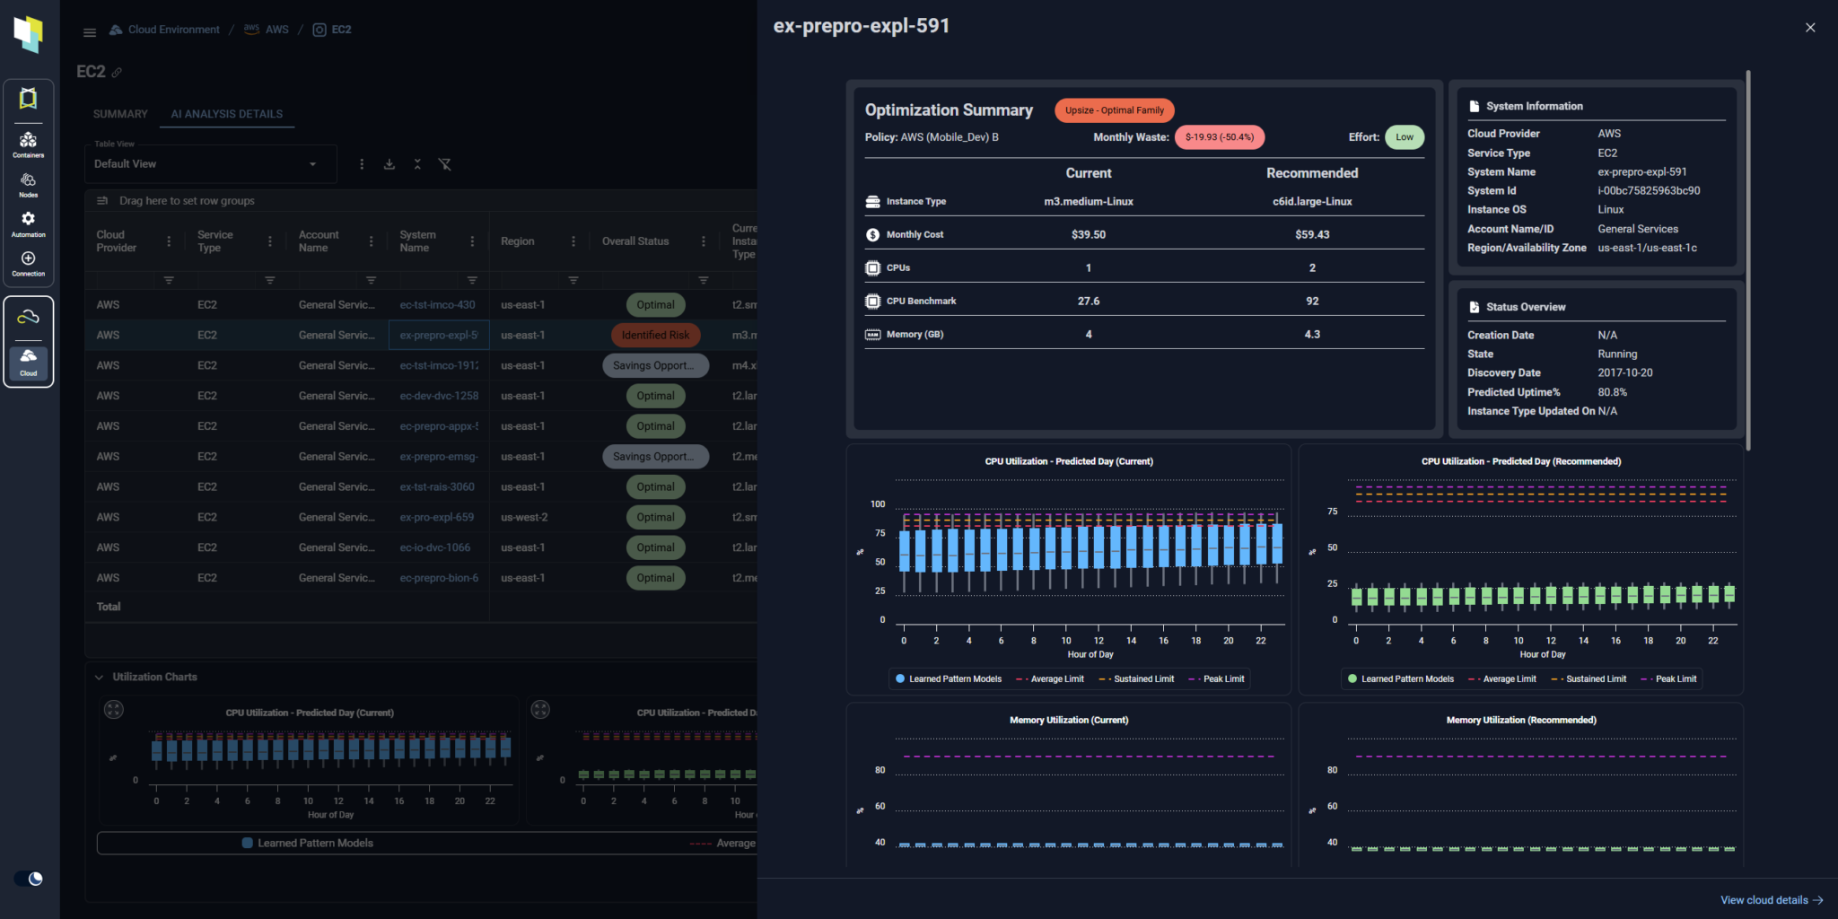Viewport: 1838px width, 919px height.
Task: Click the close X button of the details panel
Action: (1809, 28)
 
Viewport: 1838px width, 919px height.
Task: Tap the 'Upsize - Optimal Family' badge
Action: (1114, 110)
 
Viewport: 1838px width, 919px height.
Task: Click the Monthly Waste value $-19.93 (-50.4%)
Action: (1219, 137)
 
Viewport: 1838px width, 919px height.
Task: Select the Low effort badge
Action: (1404, 137)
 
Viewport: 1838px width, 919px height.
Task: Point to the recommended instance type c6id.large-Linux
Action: (1311, 202)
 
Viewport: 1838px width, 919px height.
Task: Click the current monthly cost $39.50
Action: (1088, 235)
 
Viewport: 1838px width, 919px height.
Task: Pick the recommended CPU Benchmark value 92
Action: (1311, 302)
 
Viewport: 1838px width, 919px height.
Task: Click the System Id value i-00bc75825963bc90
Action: (1648, 191)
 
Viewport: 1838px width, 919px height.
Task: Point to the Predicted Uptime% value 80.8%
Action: (1612, 392)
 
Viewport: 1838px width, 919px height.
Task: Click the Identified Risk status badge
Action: (655, 336)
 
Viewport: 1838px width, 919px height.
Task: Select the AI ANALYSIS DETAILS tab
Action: (227, 114)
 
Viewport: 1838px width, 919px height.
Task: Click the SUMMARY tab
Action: (120, 114)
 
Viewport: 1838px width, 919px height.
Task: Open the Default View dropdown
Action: (206, 164)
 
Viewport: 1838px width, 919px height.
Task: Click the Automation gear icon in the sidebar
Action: (28, 221)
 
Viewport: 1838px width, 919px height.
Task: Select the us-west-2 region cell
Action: (524, 518)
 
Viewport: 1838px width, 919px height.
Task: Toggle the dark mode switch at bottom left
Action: (29, 879)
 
